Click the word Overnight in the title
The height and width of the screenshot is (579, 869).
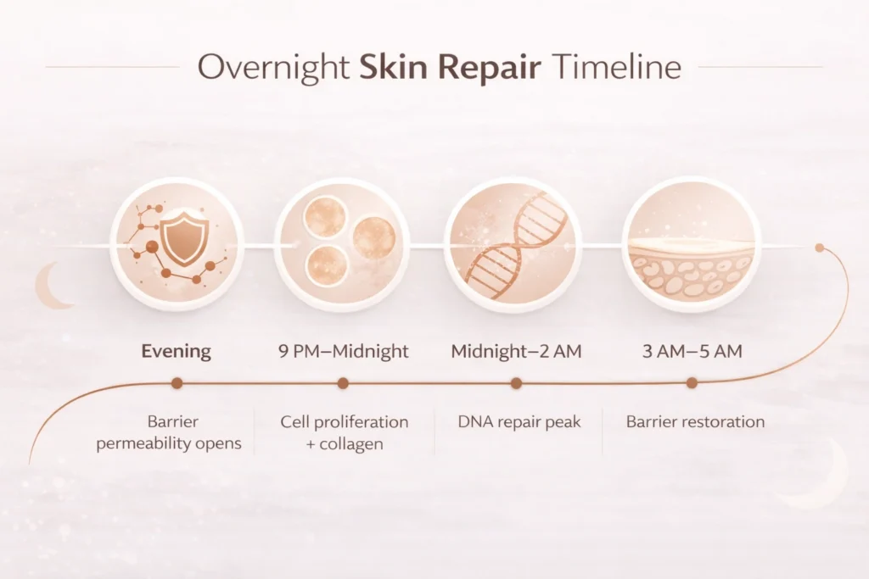[x=273, y=68]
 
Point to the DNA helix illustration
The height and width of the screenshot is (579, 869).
[x=515, y=239]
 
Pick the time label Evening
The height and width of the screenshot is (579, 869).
[x=177, y=352]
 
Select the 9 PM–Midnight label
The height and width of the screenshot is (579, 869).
[x=344, y=352]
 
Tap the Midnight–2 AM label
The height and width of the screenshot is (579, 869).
[x=517, y=352]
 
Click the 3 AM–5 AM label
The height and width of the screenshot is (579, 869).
[x=692, y=352]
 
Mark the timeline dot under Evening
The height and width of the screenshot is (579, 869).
[x=177, y=383]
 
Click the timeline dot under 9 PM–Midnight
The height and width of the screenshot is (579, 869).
[x=343, y=383]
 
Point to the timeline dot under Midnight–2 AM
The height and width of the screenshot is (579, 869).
[x=517, y=383]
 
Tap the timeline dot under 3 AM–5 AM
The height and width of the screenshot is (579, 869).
[x=692, y=382]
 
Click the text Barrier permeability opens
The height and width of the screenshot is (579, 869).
[x=169, y=433]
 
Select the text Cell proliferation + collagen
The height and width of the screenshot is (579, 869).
[x=345, y=433]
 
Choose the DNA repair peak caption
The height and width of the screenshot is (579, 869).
[x=519, y=422]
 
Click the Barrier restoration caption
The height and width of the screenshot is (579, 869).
[x=696, y=422]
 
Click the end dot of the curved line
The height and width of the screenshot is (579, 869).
[x=820, y=248]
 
